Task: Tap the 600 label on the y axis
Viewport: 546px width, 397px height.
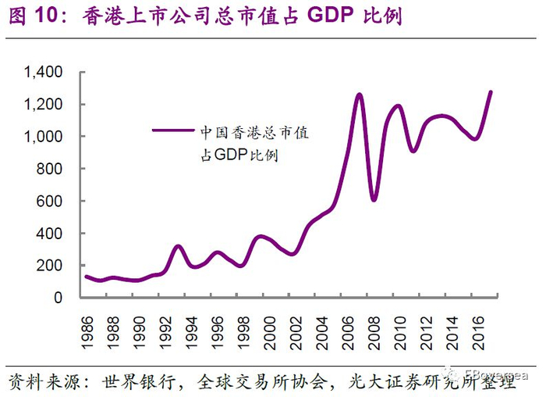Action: [52, 202]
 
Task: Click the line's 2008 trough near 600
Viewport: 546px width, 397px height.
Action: [374, 200]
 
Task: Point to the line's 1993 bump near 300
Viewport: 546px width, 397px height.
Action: [179, 247]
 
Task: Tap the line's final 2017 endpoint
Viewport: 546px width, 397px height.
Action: [490, 92]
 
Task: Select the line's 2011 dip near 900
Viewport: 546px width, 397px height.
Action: [413, 150]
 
